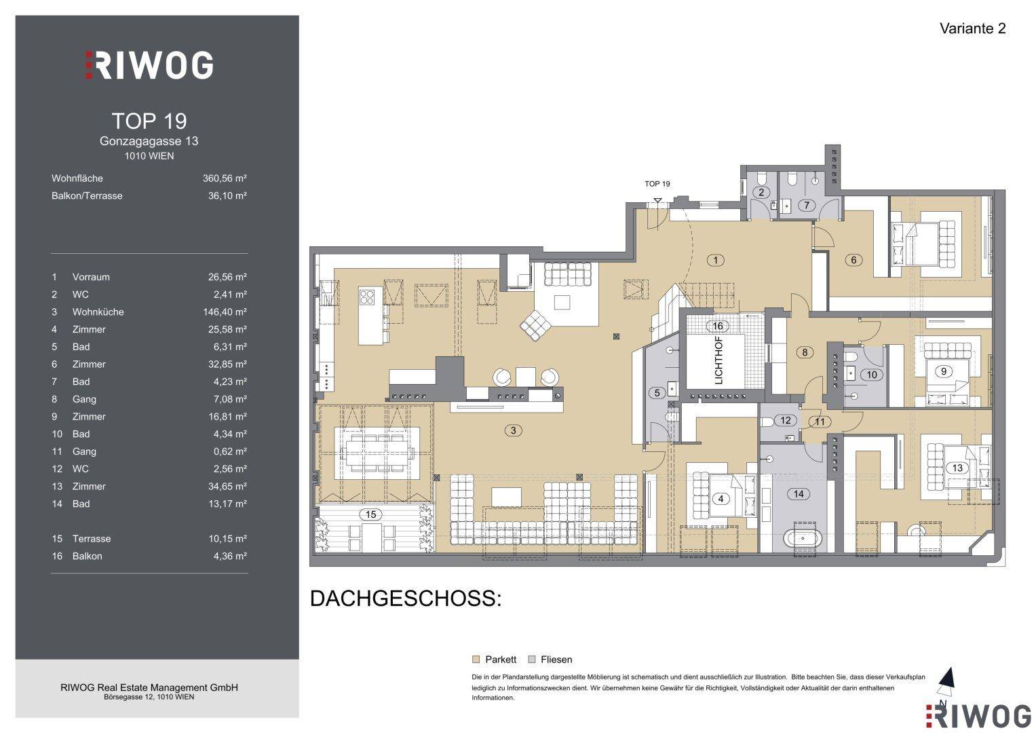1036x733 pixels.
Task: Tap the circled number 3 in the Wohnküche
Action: [x=513, y=430]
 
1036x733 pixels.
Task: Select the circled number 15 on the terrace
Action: [x=370, y=514]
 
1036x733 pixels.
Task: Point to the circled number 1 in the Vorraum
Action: [x=716, y=260]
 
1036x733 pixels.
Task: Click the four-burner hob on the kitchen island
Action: [x=367, y=297]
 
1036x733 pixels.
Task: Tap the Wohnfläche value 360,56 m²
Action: [x=225, y=178]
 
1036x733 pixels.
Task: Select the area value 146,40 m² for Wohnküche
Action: [x=225, y=312]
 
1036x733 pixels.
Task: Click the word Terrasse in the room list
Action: [x=92, y=539]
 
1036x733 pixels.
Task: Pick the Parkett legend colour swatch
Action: [x=476, y=660]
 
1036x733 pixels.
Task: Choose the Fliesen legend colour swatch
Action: [x=532, y=660]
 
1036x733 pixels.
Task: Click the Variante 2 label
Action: [x=973, y=29]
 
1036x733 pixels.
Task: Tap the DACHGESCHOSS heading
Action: [x=406, y=599]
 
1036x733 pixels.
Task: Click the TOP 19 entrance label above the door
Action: [x=657, y=184]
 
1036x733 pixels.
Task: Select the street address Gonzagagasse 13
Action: [x=149, y=141]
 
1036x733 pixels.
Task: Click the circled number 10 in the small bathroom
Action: [x=871, y=375]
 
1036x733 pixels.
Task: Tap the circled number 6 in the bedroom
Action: [x=853, y=259]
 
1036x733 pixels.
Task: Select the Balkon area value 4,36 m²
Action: [x=230, y=557]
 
